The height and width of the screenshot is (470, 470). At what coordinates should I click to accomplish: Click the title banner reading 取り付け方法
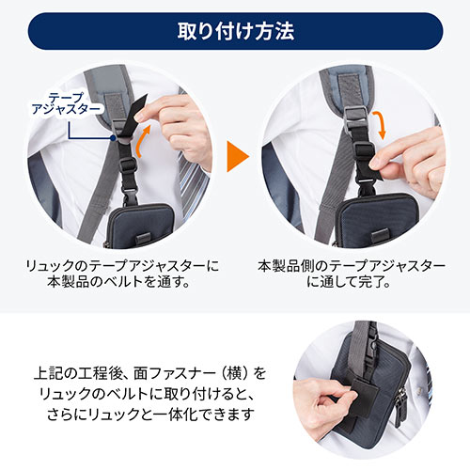click(235, 30)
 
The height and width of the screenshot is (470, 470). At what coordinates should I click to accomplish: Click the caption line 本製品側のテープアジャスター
click(352, 266)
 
